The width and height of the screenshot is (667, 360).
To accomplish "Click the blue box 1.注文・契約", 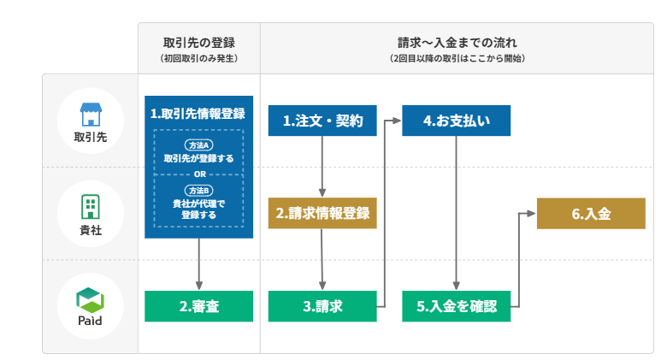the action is [322, 121].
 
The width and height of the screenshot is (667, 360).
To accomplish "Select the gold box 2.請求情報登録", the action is [322, 213].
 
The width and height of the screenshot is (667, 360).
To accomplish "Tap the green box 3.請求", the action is [322, 306].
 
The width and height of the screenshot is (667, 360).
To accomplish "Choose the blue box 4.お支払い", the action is [456, 121].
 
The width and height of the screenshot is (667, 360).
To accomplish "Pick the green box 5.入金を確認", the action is [456, 306].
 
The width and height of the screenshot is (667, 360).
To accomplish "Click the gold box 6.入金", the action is [591, 213].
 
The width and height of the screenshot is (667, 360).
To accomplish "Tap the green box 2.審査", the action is [198, 306].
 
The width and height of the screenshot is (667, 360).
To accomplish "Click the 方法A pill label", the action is [198, 145].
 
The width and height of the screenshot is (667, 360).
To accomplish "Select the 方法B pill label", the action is [198, 191].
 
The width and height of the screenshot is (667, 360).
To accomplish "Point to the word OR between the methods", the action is [199, 174].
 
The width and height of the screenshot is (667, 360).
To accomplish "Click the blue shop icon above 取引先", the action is [91, 114].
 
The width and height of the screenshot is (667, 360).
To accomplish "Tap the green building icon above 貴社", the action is [91, 206].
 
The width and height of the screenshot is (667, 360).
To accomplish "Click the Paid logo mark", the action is [90, 300].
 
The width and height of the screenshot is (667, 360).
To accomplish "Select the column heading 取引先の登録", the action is [199, 43].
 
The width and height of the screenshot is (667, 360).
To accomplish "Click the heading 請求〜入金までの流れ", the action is [457, 43].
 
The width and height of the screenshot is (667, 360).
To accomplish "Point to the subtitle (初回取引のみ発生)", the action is [199, 58].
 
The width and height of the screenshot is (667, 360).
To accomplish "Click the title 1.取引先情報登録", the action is [198, 114].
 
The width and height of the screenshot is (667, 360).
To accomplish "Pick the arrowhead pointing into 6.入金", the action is [531, 213].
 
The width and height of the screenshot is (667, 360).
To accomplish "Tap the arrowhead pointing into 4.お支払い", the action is [397, 121].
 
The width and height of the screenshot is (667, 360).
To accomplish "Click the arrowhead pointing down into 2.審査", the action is [198, 285].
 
